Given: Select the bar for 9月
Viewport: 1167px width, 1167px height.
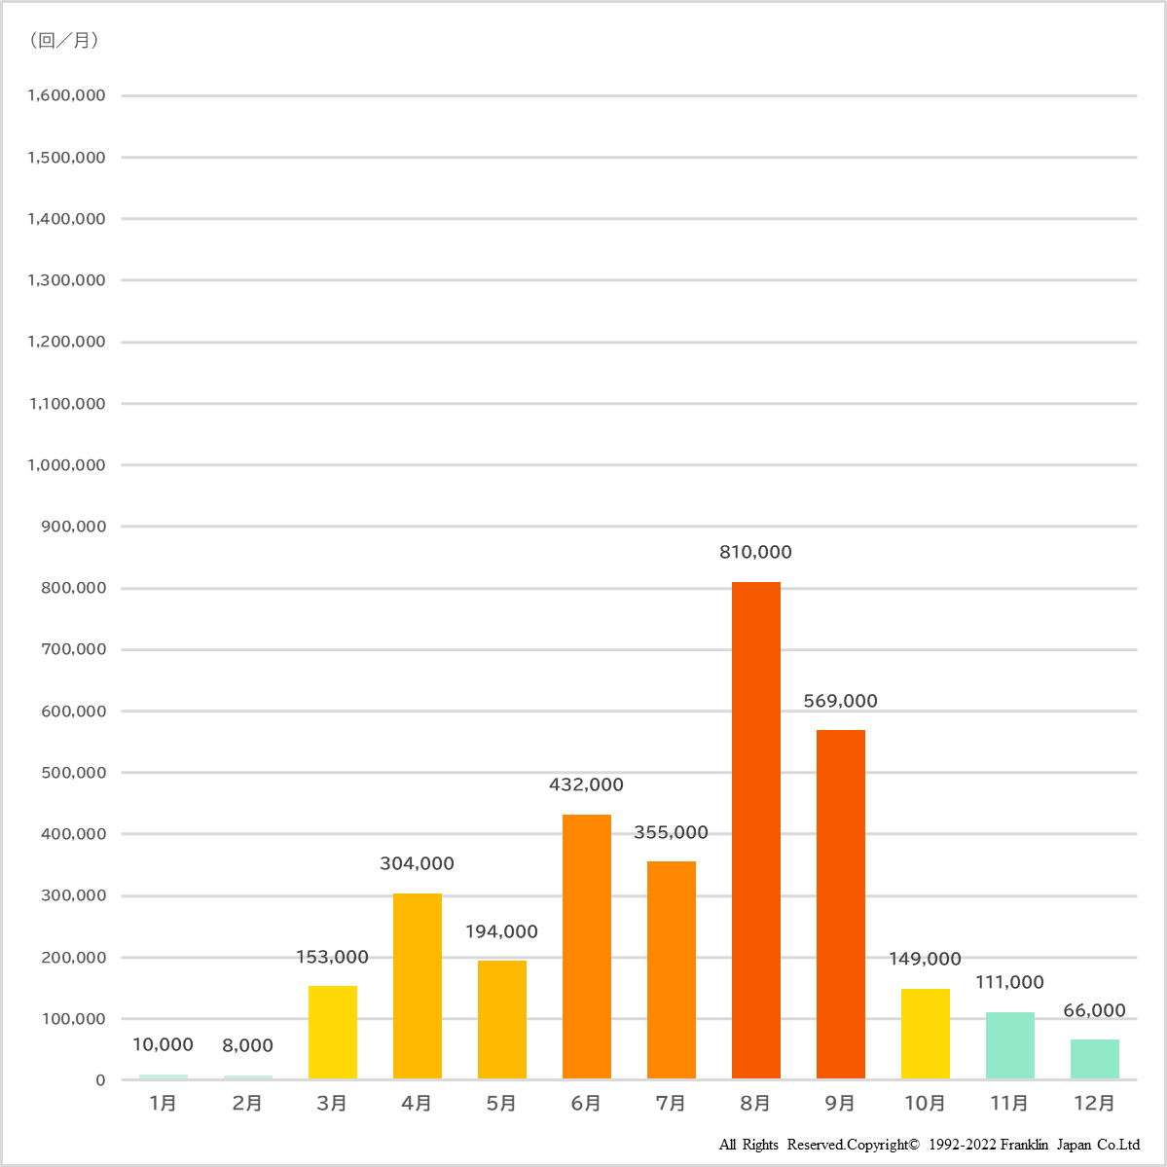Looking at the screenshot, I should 840,904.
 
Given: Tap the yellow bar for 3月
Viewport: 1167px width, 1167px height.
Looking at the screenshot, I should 332,1032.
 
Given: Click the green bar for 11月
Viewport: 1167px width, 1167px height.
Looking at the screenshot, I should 1009,1045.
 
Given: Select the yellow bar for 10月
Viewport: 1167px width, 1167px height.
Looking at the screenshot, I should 925,1034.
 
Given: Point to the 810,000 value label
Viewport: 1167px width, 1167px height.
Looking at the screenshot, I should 755,552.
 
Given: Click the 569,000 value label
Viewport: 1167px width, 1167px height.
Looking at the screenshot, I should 840,701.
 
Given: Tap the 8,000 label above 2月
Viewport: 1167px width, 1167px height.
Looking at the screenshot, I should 247,1045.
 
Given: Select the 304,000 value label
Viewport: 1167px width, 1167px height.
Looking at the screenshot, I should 417,863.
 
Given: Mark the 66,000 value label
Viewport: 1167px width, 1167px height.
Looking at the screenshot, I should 1094,1010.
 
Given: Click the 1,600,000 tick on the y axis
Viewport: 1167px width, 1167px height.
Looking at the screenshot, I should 66,95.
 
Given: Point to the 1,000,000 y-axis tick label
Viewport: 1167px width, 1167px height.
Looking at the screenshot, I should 66,465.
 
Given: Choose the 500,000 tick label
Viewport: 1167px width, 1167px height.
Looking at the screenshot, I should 73,773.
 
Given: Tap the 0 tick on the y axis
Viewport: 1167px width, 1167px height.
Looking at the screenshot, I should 100,1080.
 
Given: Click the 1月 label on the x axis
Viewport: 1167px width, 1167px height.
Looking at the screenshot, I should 163,1103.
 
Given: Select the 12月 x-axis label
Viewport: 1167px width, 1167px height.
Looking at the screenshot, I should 1094,1103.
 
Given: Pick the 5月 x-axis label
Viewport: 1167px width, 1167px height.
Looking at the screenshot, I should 501,1103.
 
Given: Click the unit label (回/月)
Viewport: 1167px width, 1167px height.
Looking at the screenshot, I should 64,40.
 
